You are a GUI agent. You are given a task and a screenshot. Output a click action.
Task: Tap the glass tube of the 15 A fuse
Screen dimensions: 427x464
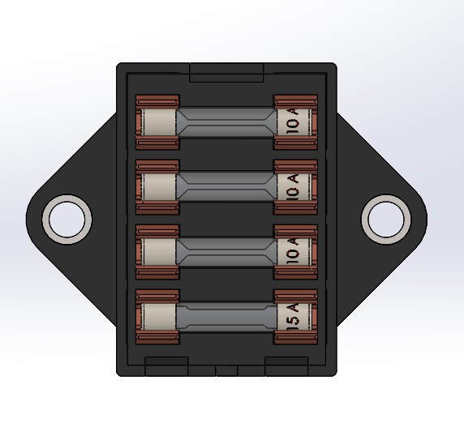226,317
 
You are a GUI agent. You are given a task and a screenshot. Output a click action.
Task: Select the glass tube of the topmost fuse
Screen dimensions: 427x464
226,122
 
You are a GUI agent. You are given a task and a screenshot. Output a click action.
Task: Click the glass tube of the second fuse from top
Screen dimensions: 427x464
226,187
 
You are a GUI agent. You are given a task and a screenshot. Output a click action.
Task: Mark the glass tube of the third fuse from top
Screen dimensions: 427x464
226,252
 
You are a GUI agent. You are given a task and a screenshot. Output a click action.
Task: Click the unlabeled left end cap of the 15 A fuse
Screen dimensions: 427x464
159,317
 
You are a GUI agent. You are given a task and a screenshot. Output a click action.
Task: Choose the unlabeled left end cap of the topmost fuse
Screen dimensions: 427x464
159,122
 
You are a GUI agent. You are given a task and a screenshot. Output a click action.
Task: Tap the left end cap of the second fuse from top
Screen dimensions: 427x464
159,187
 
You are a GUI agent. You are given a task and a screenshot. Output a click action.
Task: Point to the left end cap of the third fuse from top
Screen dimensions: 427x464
159,252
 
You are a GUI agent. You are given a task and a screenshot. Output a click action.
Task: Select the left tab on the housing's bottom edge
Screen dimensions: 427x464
166,365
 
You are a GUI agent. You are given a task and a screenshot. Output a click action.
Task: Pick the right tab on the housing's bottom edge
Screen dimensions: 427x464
286,365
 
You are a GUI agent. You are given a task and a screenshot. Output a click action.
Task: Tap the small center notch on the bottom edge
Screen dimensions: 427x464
226,370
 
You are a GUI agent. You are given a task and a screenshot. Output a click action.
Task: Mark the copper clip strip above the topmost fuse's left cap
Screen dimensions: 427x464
157,101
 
